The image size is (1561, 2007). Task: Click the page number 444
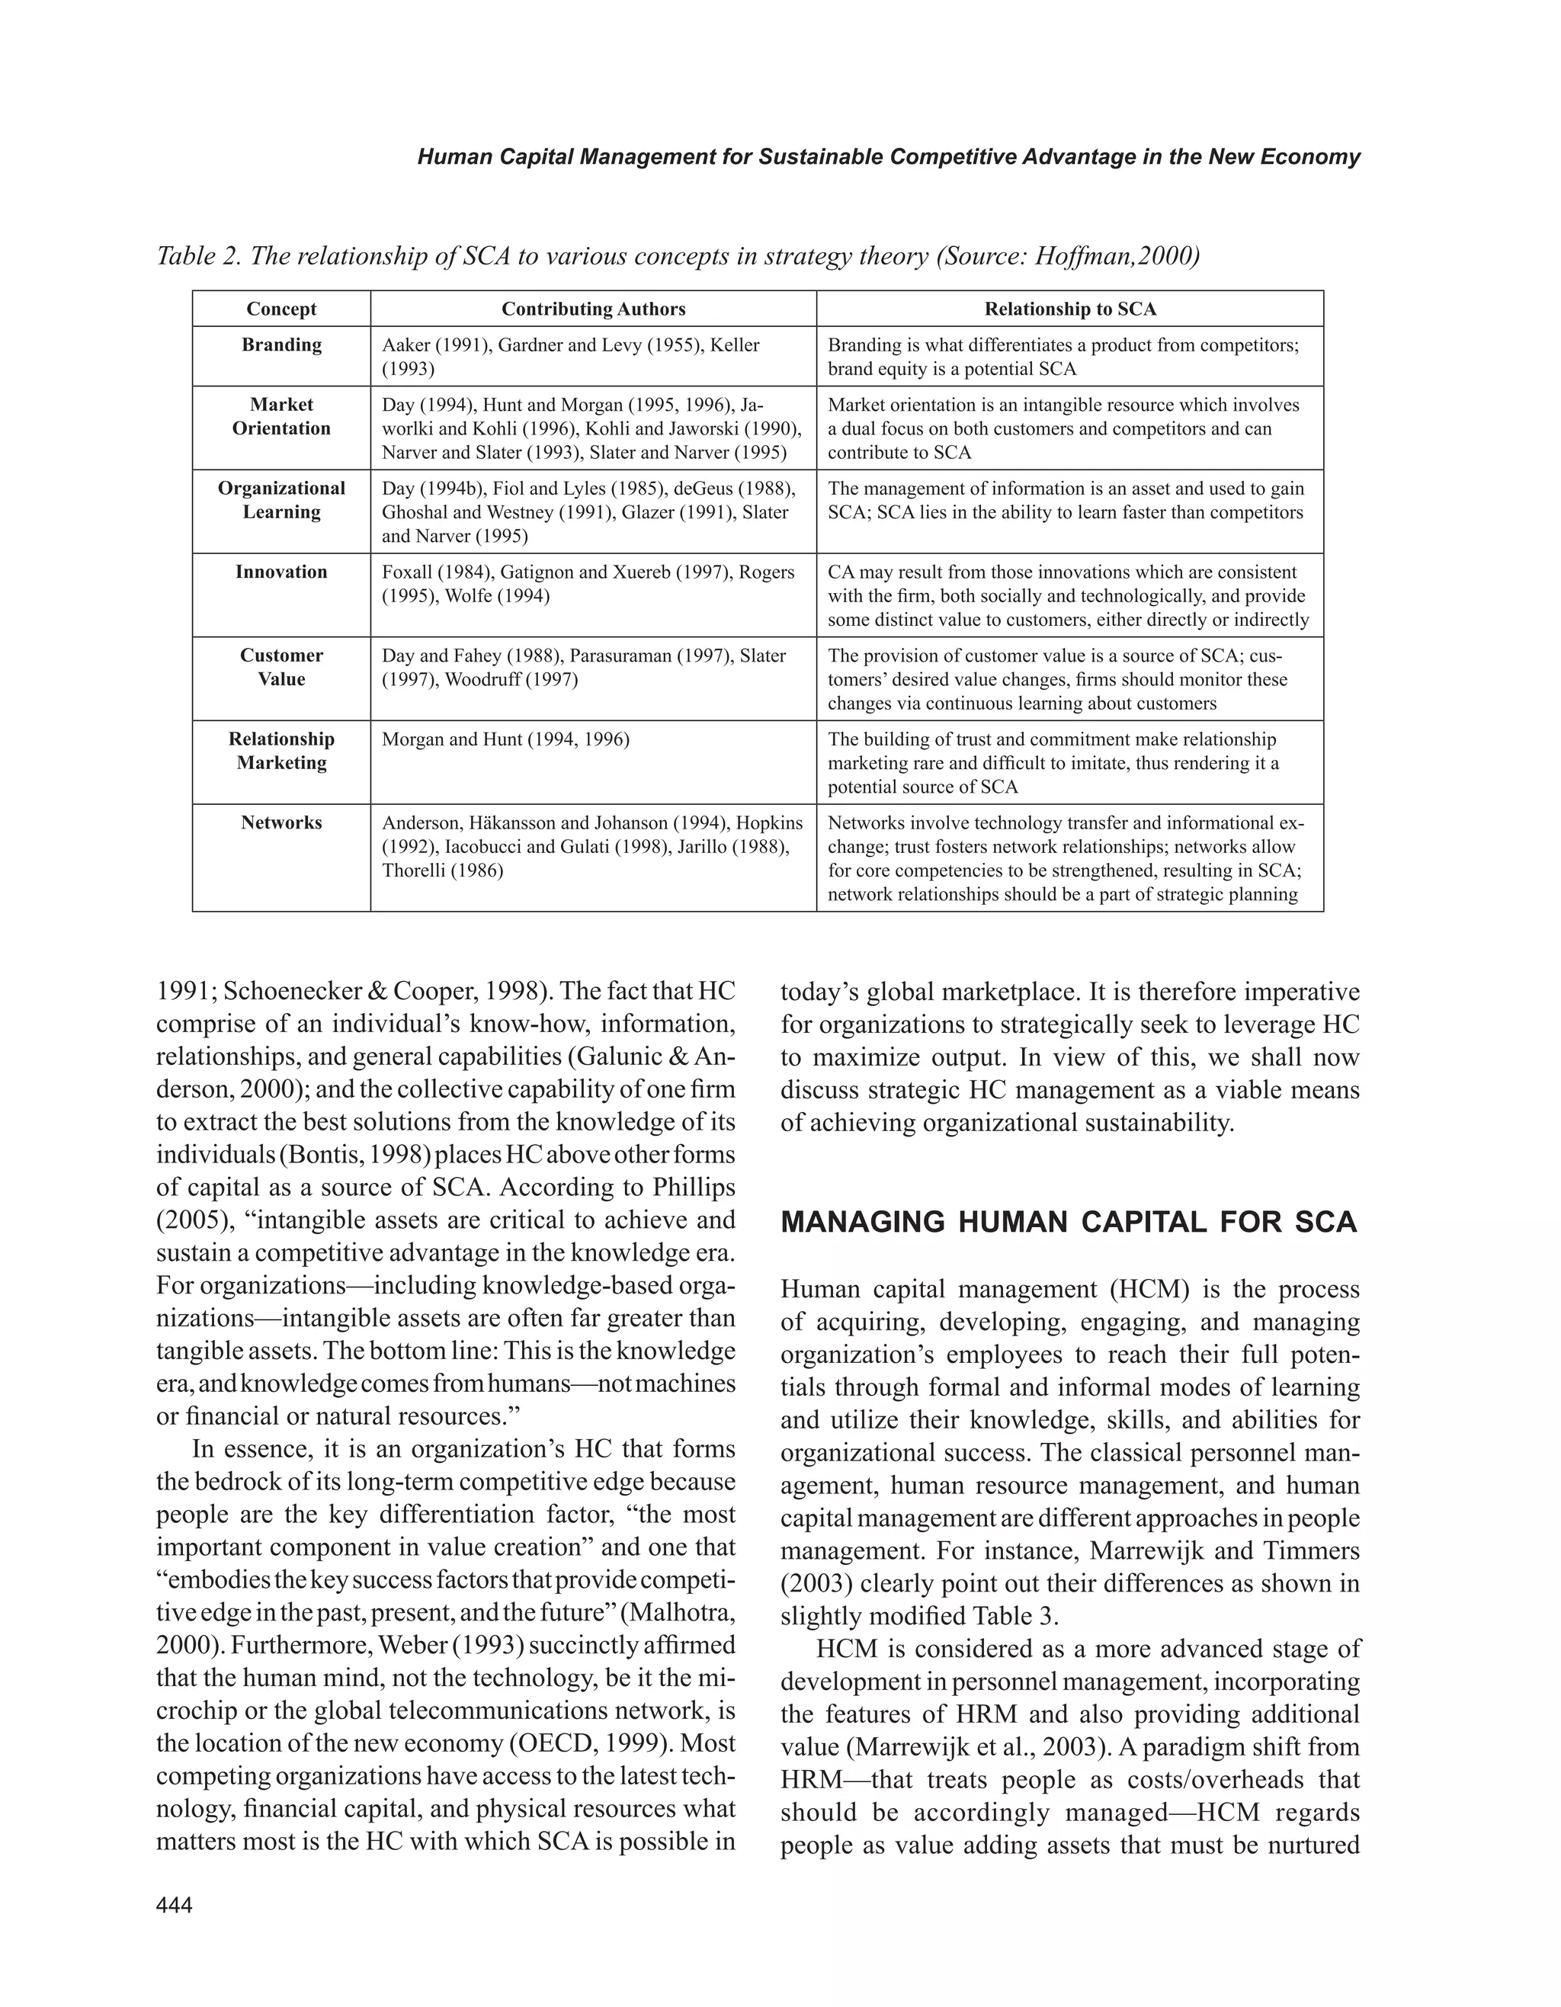point(175,1905)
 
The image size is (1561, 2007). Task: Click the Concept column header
point(281,309)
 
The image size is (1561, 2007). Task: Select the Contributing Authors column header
point(594,309)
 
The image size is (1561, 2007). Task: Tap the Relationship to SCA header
point(1070,309)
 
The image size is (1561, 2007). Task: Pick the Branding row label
point(281,345)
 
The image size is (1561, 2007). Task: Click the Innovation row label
point(281,572)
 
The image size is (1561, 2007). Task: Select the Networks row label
point(281,823)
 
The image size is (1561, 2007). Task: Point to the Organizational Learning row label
point(281,501)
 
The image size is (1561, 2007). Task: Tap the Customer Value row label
point(281,668)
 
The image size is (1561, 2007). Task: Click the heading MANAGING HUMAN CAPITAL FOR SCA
point(1069,1222)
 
